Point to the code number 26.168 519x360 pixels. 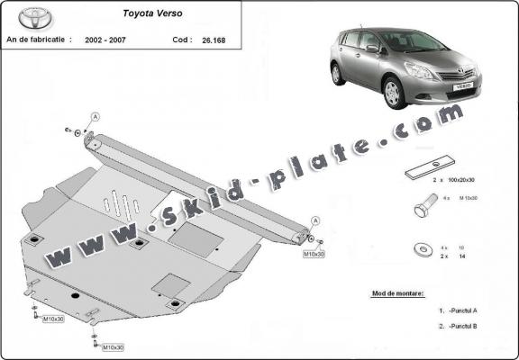pos(214,40)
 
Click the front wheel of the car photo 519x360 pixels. pos(394,93)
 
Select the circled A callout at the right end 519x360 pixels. pos(316,220)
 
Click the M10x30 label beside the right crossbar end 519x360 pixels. pos(312,255)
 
